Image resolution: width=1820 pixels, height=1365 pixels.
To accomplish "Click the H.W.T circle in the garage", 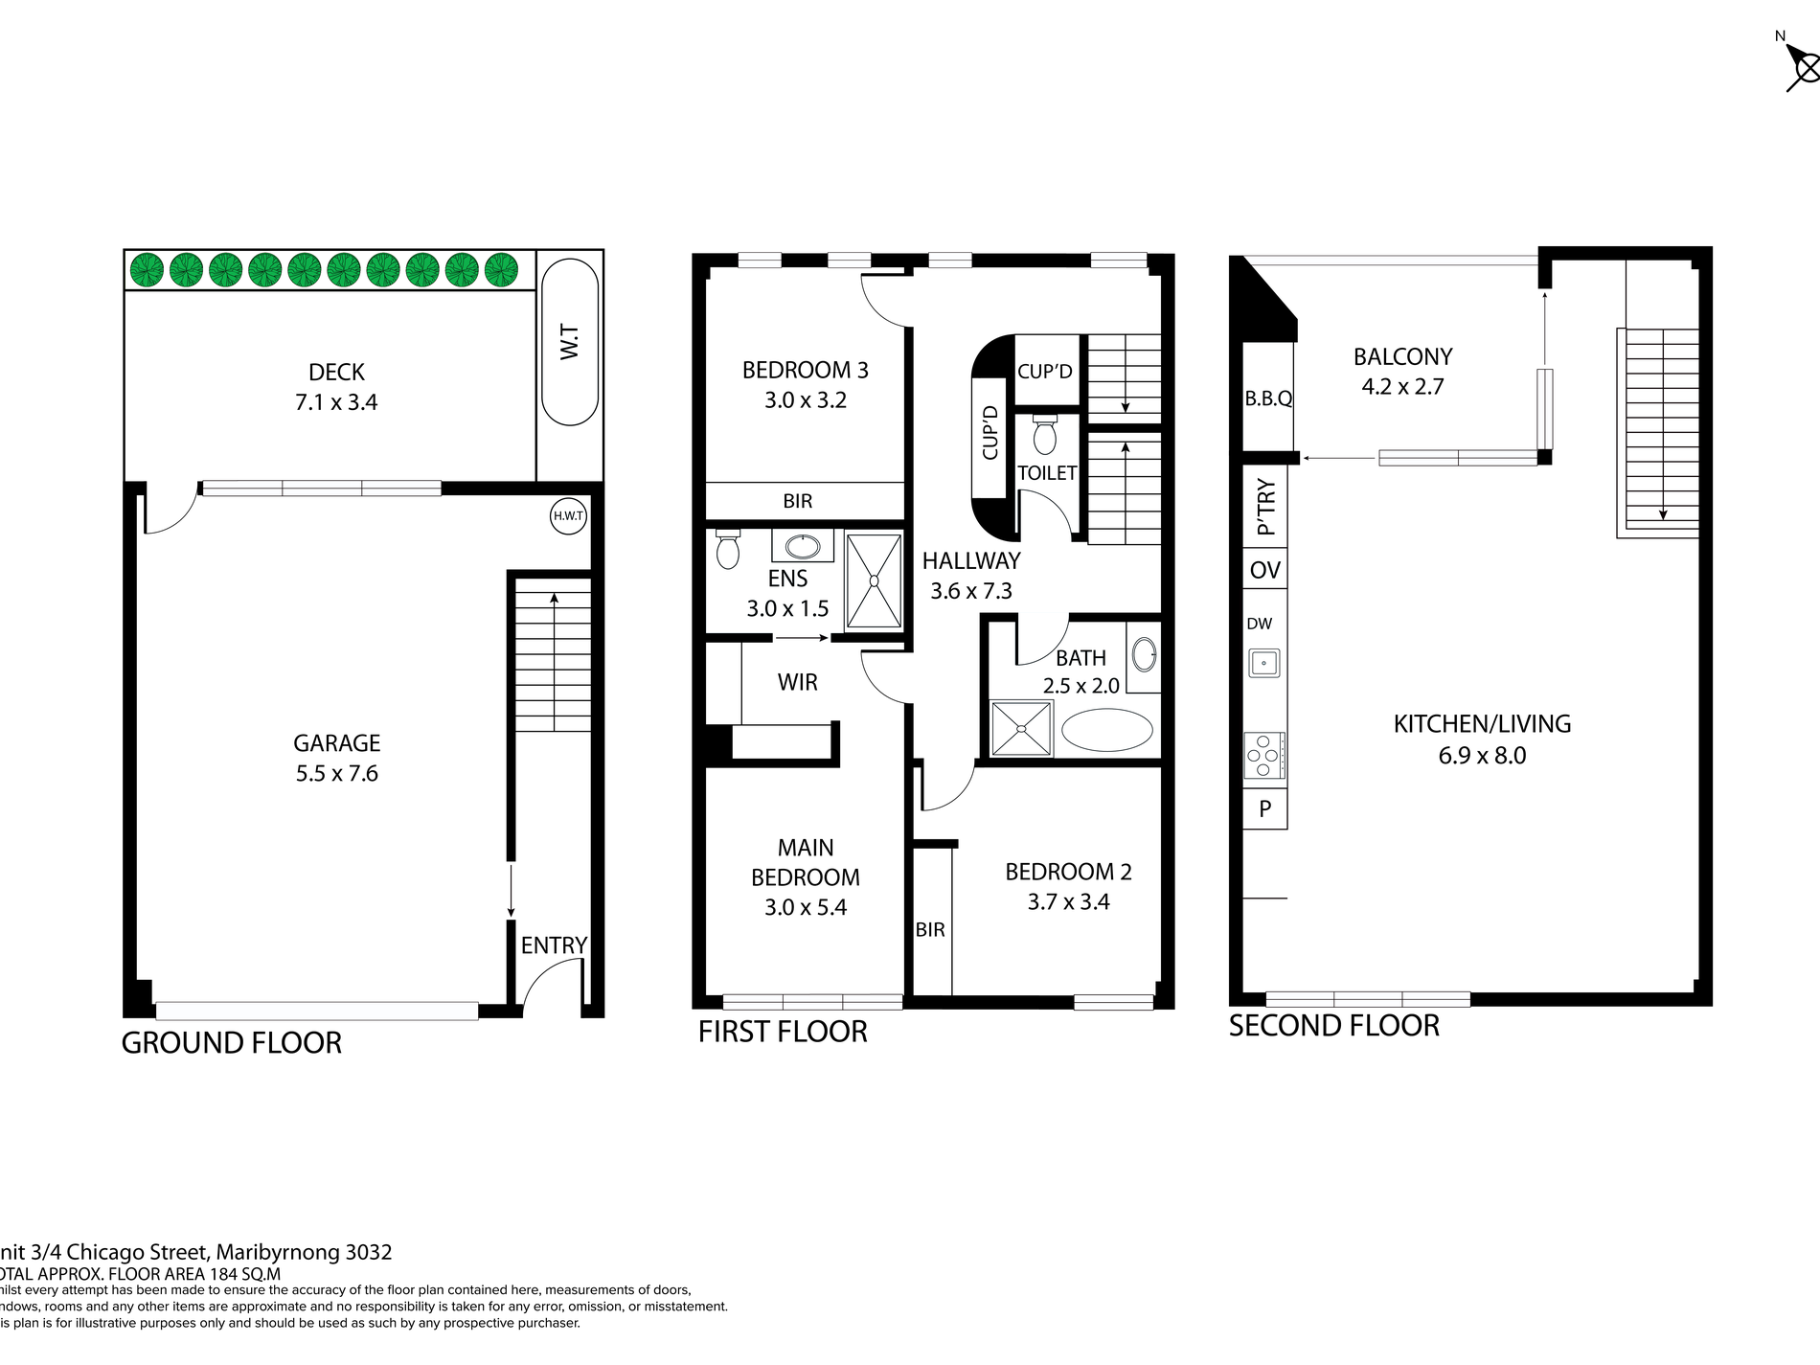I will [568, 516].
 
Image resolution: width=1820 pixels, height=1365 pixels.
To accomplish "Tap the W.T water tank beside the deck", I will [570, 342].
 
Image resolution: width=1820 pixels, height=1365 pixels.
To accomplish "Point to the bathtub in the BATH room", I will [1107, 730].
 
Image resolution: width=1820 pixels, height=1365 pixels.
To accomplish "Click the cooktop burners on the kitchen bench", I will [1264, 755].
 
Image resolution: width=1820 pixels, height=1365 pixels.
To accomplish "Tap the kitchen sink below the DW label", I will [1263, 663].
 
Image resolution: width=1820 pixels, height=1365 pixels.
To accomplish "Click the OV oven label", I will [1264, 571].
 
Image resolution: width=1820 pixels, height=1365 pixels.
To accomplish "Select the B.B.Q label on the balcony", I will [1268, 398].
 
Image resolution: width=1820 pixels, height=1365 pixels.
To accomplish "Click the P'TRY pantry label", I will [1265, 507].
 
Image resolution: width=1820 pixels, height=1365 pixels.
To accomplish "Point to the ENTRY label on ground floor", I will [554, 945].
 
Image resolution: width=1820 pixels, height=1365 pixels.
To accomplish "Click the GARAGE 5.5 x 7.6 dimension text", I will [336, 774].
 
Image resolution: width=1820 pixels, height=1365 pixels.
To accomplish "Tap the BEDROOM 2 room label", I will [1068, 872].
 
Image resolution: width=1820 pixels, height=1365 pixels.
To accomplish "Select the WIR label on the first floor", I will [797, 683].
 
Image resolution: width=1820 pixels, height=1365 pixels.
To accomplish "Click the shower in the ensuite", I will [874, 580].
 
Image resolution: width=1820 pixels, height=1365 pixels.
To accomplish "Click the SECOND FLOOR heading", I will [1333, 1026].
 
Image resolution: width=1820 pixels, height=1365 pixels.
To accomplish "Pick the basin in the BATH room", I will [1144, 655].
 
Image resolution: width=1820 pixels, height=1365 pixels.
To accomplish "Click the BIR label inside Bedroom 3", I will [797, 501].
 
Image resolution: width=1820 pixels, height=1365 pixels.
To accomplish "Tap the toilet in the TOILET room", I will [1045, 436].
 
